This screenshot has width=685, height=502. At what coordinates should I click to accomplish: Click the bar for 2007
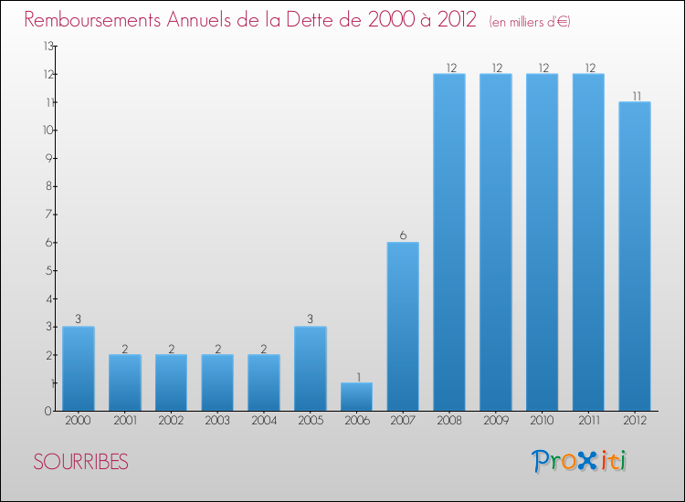403,326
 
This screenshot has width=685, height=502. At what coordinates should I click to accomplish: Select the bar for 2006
356,396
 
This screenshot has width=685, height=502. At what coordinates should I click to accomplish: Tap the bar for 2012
635,256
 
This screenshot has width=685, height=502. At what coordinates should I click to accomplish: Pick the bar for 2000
78,368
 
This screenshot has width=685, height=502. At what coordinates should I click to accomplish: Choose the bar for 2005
310,368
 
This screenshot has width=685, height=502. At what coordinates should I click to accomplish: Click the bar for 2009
496,242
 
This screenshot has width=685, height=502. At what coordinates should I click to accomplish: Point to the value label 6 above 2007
403,235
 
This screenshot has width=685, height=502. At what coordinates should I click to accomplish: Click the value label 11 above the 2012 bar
635,94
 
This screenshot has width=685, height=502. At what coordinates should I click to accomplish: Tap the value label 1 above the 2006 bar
356,375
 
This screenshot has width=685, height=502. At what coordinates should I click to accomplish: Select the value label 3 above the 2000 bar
78,319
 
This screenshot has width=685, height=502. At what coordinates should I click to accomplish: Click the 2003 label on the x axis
216,420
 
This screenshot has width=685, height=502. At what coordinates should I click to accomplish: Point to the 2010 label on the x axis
543,420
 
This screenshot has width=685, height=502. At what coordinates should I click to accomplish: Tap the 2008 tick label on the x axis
449,420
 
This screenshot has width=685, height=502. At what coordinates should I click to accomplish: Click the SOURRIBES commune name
81,462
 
